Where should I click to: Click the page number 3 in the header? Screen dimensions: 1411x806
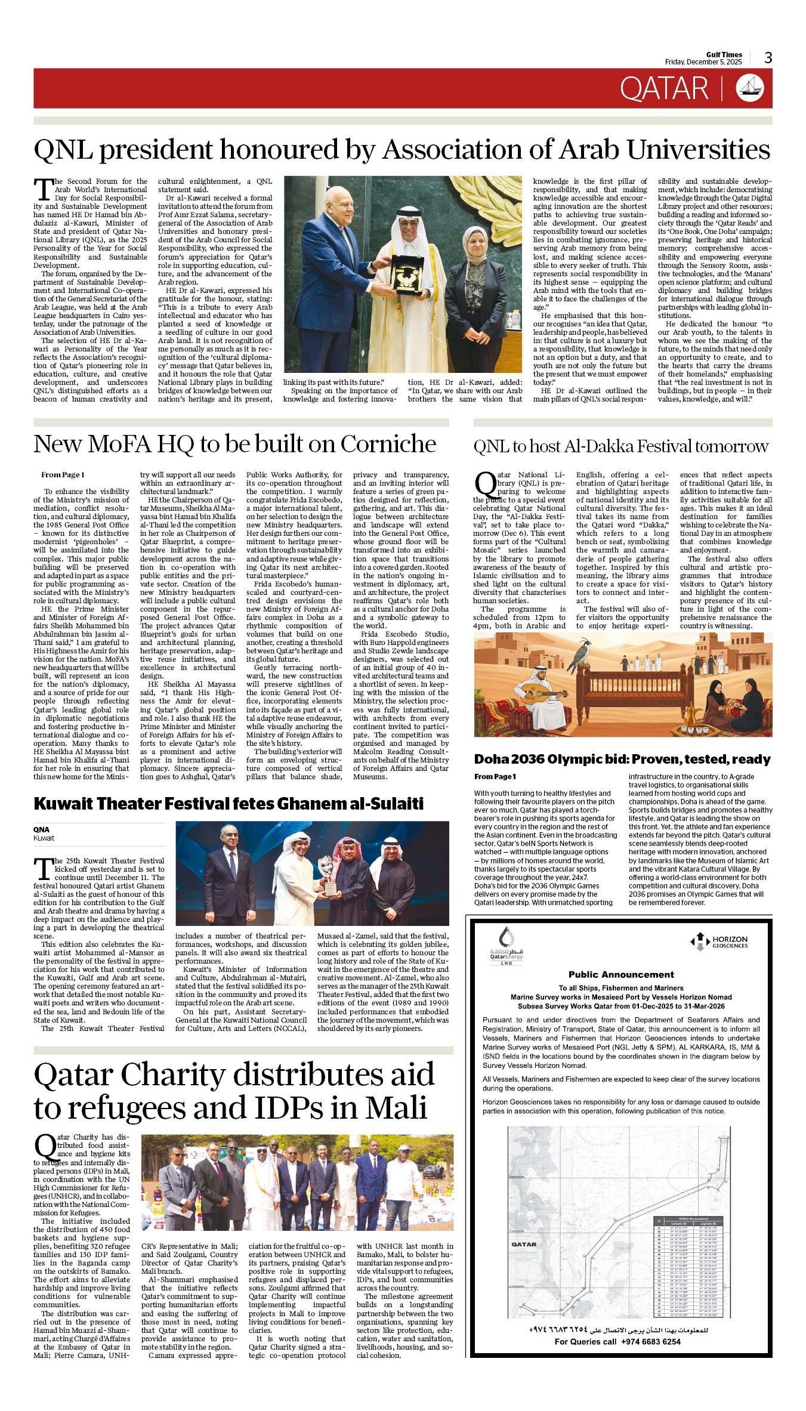(768, 58)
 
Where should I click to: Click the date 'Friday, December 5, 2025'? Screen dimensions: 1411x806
(703, 62)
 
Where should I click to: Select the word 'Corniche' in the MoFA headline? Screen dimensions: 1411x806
(388, 444)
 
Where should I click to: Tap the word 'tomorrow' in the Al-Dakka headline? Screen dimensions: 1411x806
(731, 446)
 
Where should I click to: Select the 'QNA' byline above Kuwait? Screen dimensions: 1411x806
(41, 829)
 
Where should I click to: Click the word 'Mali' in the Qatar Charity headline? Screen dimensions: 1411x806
(396, 1108)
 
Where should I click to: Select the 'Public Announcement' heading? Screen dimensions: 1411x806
(621, 974)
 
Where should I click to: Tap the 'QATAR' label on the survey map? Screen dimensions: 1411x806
(524, 1245)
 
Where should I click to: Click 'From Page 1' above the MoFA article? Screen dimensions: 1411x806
(63, 475)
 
